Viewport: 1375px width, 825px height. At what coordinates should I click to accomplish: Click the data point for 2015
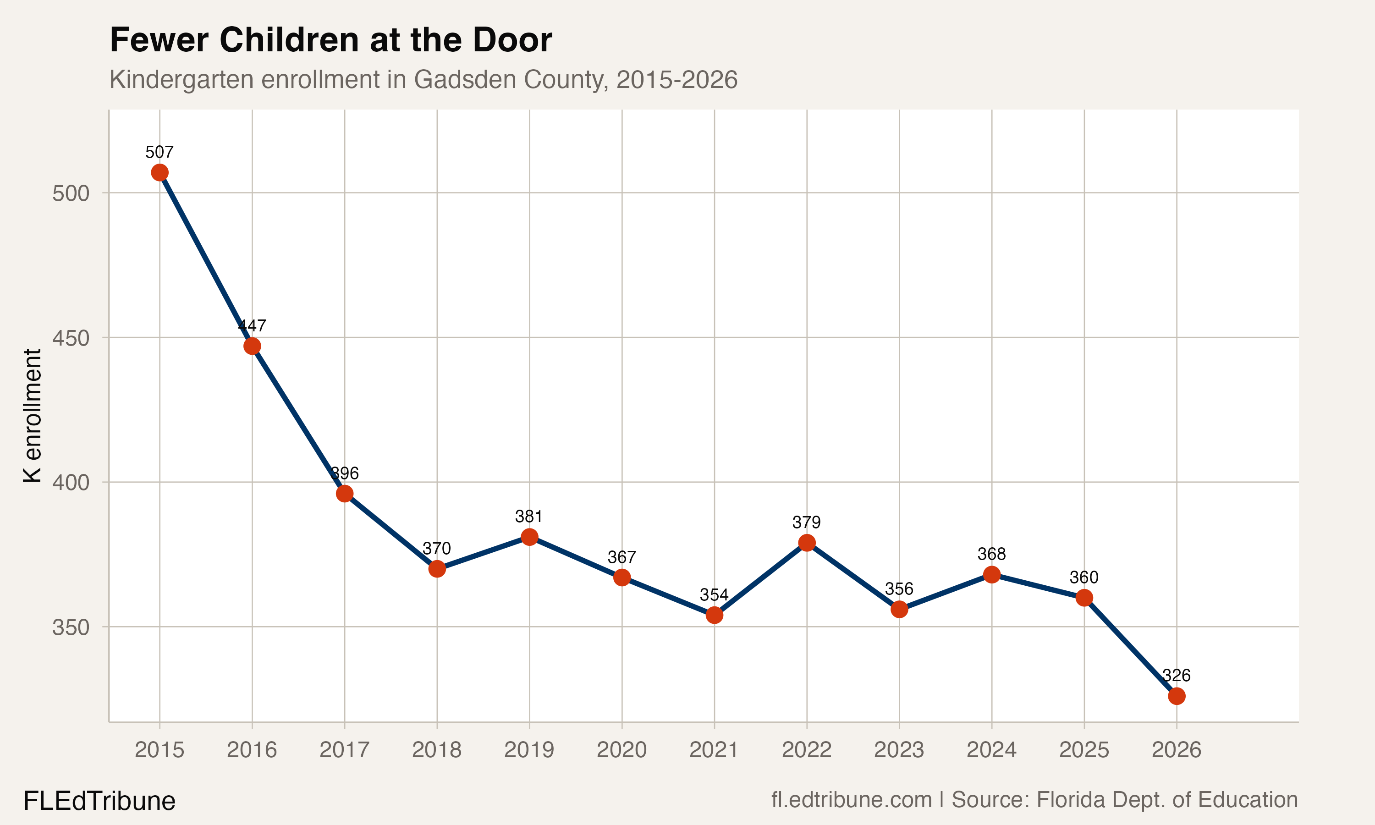[x=159, y=173]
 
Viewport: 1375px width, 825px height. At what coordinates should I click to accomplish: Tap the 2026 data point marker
[x=1177, y=696]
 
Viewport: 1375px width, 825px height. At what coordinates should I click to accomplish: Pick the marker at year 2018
[x=437, y=569]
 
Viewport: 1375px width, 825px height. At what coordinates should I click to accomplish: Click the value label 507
[x=159, y=152]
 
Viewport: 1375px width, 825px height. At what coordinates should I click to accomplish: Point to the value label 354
[x=714, y=595]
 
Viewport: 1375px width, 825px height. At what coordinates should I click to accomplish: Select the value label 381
[x=529, y=517]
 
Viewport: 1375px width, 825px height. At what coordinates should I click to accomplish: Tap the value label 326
[x=1177, y=676]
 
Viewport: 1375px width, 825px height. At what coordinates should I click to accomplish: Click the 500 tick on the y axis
[x=71, y=193]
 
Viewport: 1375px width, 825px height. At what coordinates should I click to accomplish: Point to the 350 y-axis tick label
[x=71, y=627]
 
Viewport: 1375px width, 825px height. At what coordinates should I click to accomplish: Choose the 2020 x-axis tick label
[x=621, y=750]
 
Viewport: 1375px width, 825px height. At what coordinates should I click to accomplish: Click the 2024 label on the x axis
[x=991, y=750]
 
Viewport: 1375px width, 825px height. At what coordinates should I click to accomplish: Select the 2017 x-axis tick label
[x=345, y=750]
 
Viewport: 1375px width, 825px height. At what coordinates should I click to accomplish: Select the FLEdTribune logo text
[x=99, y=801]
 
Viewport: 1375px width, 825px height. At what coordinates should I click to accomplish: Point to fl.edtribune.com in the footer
[x=851, y=800]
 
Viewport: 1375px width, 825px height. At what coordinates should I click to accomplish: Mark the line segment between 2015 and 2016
[x=206, y=259]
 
